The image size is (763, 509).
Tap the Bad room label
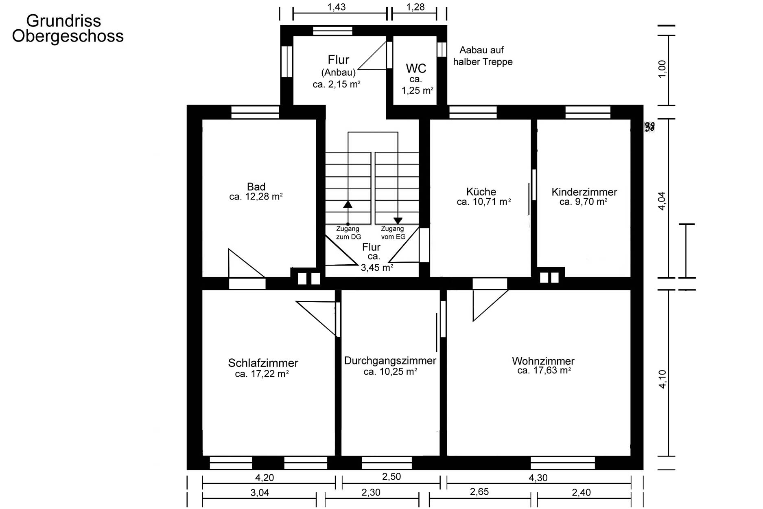(256, 187)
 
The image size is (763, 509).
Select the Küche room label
(481, 192)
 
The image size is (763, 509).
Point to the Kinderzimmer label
(584, 192)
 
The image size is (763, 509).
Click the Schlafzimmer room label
(263, 363)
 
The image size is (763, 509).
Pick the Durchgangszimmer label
(390, 361)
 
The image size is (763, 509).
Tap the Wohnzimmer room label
(543, 361)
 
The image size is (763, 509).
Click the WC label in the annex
(416, 68)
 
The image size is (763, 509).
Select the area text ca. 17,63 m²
(544, 371)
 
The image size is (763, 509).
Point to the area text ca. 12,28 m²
(256, 197)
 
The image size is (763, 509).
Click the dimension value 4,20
(265, 477)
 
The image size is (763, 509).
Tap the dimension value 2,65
(479, 492)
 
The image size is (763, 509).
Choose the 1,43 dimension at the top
(337, 7)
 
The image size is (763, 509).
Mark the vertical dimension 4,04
(662, 201)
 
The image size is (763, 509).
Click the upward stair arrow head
(348, 204)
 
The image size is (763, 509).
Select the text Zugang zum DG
(348, 233)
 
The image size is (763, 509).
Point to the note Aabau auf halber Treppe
(483, 56)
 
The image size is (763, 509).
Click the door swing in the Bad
(246, 263)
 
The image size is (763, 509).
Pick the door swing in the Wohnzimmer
(490, 305)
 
